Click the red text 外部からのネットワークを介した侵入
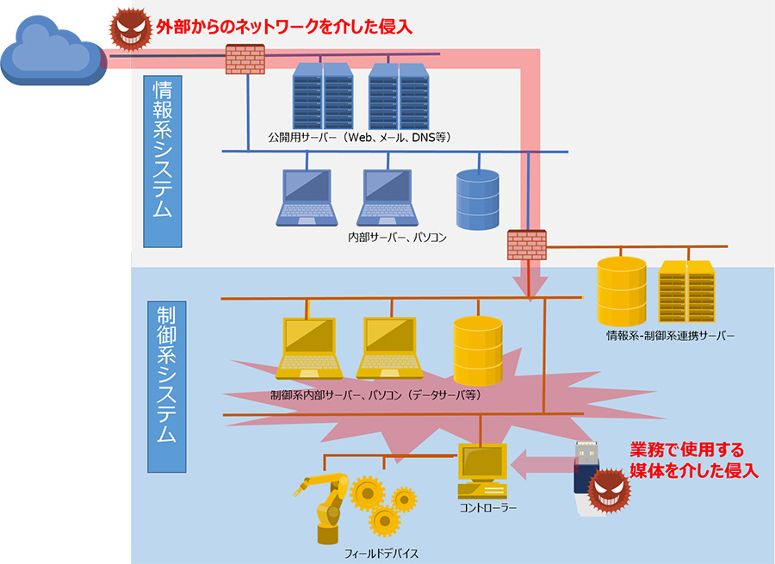point(283,27)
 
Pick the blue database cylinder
point(477,200)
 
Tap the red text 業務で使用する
point(685,450)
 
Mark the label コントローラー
point(488,508)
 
